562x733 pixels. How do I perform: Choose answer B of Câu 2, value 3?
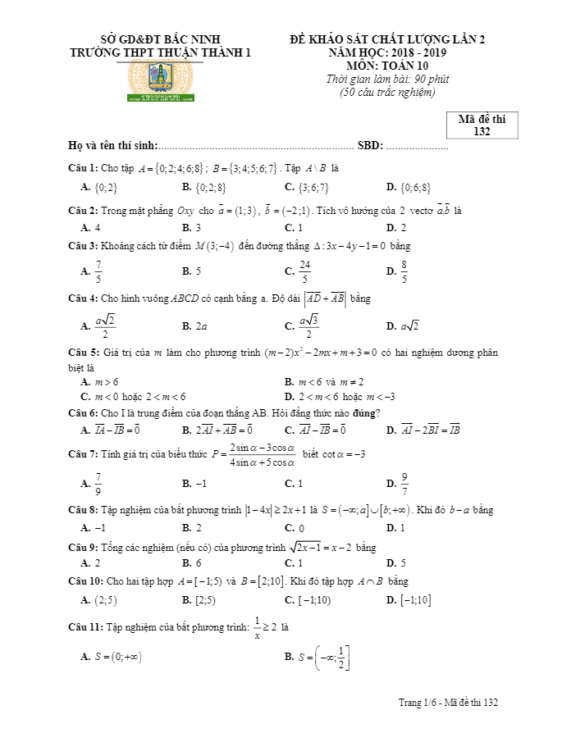(196, 228)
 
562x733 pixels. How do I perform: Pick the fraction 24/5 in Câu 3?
(304, 271)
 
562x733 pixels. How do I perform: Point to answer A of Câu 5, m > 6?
(104, 382)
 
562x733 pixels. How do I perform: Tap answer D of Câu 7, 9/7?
(404, 483)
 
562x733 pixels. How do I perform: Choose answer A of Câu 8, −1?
(100, 528)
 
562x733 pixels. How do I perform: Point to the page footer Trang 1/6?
(448, 703)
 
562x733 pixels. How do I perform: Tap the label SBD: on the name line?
(371, 146)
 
